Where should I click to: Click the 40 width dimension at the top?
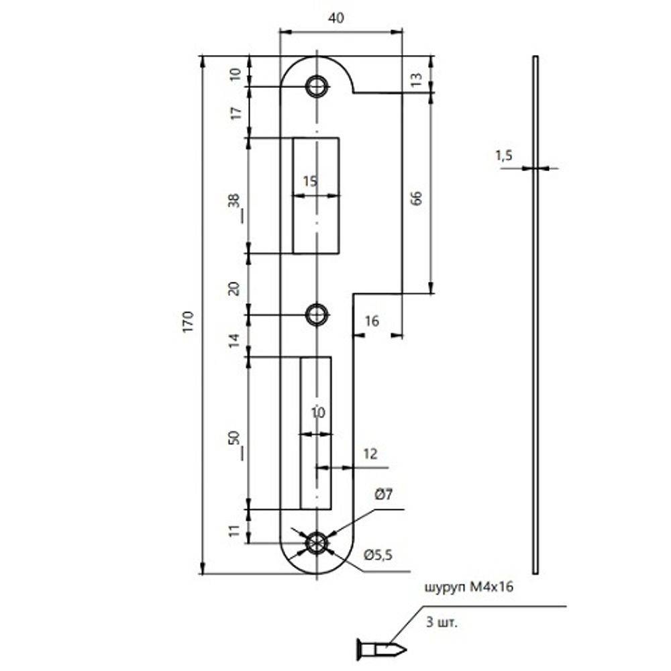tap(336, 19)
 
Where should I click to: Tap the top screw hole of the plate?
tap(316, 86)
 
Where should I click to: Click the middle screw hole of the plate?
tap(316, 313)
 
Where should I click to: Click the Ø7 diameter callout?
tap(383, 496)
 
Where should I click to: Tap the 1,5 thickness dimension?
tap(504, 156)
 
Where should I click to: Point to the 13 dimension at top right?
tap(416, 80)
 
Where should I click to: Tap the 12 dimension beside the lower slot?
tap(371, 454)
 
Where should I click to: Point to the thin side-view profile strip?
tap(535, 315)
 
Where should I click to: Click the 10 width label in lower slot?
tap(318, 413)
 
